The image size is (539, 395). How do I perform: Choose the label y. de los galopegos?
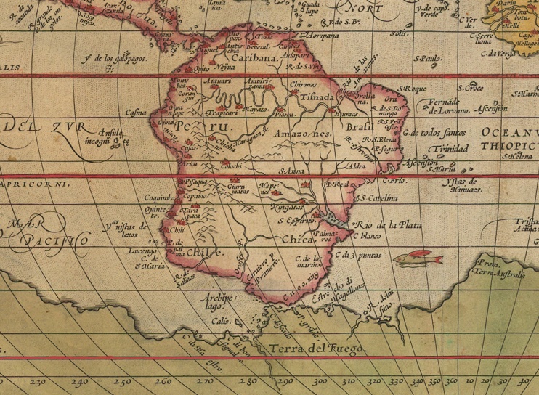[x=111, y=57]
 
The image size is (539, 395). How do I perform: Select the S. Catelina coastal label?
[x=375, y=198]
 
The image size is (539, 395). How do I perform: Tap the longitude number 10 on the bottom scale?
[x=467, y=380]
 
